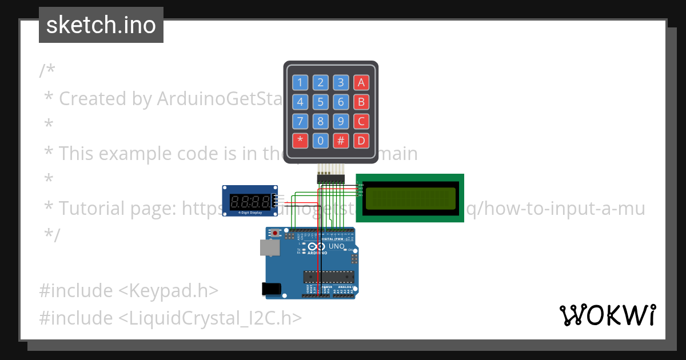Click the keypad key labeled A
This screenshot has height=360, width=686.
pyautogui.click(x=361, y=82)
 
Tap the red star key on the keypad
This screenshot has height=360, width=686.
pyautogui.click(x=300, y=141)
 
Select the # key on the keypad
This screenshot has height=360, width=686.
pyautogui.click(x=341, y=141)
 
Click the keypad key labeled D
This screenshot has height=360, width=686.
pyautogui.click(x=361, y=141)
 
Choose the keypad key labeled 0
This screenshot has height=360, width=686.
pyautogui.click(x=321, y=141)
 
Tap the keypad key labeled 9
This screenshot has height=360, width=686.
pyautogui.click(x=341, y=121)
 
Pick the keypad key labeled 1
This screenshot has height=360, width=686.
pyautogui.click(x=300, y=82)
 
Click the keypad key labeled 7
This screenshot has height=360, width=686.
pyautogui.click(x=300, y=121)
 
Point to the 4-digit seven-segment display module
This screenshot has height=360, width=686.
pyautogui.click(x=250, y=201)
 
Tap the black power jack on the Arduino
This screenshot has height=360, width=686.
pyautogui.click(x=271, y=289)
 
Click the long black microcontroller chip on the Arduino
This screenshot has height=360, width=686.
pyautogui.click(x=328, y=277)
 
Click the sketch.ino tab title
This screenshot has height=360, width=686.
pyautogui.click(x=101, y=25)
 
